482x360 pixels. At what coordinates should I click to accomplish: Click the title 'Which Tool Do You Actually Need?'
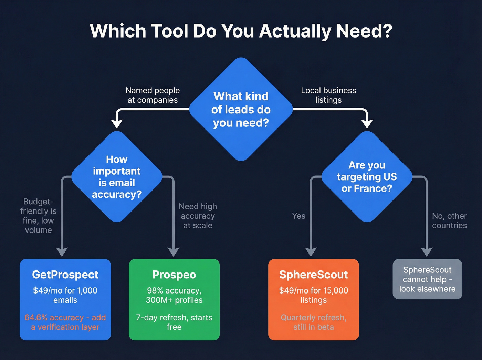(x=241, y=31)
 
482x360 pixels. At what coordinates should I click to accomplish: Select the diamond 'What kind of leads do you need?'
(x=241, y=109)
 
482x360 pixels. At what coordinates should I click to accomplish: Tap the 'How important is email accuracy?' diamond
(x=117, y=177)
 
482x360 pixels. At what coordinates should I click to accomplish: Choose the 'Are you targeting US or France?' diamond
(x=367, y=177)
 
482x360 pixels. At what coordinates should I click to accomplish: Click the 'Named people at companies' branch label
(x=153, y=95)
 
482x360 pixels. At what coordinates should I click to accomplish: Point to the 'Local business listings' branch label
(x=328, y=95)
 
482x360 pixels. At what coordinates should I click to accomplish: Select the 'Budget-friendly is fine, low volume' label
(x=38, y=216)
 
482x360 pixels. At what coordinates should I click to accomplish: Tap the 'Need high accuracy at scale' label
(x=198, y=216)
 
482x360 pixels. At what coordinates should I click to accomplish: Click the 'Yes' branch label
(x=298, y=216)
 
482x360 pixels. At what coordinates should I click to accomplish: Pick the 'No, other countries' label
(x=449, y=220)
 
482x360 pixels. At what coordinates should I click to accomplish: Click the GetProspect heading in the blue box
(x=65, y=275)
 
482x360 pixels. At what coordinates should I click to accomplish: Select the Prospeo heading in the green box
(x=174, y=275)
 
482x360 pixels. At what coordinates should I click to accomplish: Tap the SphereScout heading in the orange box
(x=313, y=275)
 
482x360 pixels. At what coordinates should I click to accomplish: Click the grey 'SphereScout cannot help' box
(x=427, y=279)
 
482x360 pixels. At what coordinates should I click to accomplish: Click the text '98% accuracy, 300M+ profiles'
(x=174, y=295)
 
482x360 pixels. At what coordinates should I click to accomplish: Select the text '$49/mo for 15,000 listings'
(x=313, y=295)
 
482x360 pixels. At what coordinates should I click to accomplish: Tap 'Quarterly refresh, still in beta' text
(x=313, y=322)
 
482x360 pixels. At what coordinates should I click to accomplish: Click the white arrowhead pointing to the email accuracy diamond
(x=117, y=123)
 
